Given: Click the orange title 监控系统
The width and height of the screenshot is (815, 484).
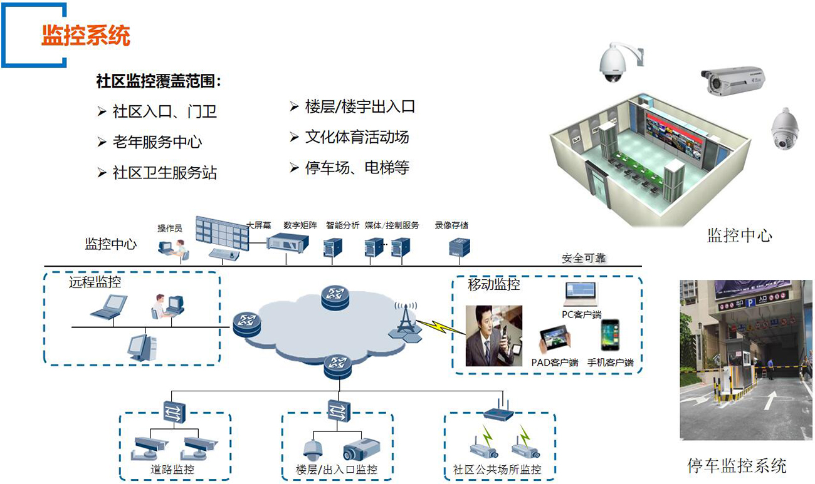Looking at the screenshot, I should pos(86,36).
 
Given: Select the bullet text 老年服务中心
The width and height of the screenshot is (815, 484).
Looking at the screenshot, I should pos(157,142).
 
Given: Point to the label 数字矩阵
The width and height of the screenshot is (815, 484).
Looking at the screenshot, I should pos(300,225).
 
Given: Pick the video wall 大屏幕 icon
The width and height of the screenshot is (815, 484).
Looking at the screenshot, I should pos(222,231).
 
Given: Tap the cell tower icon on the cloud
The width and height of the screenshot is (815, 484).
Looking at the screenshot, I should pos(404,321).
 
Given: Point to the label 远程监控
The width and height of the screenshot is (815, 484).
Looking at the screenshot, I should pos(95,282).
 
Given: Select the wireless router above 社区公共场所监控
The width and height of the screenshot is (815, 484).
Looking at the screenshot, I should pos(499,411).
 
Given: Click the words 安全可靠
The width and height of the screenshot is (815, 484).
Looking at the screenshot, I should pos(584,258).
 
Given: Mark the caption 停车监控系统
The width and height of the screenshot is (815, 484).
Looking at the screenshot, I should pos(737,466).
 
